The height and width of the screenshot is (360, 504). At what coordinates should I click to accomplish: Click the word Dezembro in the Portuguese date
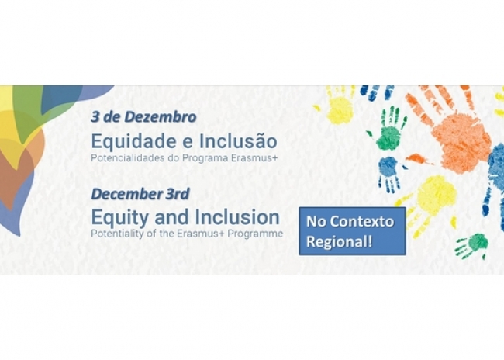161,117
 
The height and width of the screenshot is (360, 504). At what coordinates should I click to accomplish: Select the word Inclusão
238,141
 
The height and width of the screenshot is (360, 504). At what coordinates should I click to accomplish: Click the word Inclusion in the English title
237,217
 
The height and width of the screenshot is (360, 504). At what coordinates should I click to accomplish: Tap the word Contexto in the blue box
362,222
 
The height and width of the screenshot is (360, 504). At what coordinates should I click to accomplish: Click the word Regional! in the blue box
339,242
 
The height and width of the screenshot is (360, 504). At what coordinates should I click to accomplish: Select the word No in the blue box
316,222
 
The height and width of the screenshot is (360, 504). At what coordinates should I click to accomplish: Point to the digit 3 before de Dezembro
95,117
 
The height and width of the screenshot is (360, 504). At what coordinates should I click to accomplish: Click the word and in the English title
173,217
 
